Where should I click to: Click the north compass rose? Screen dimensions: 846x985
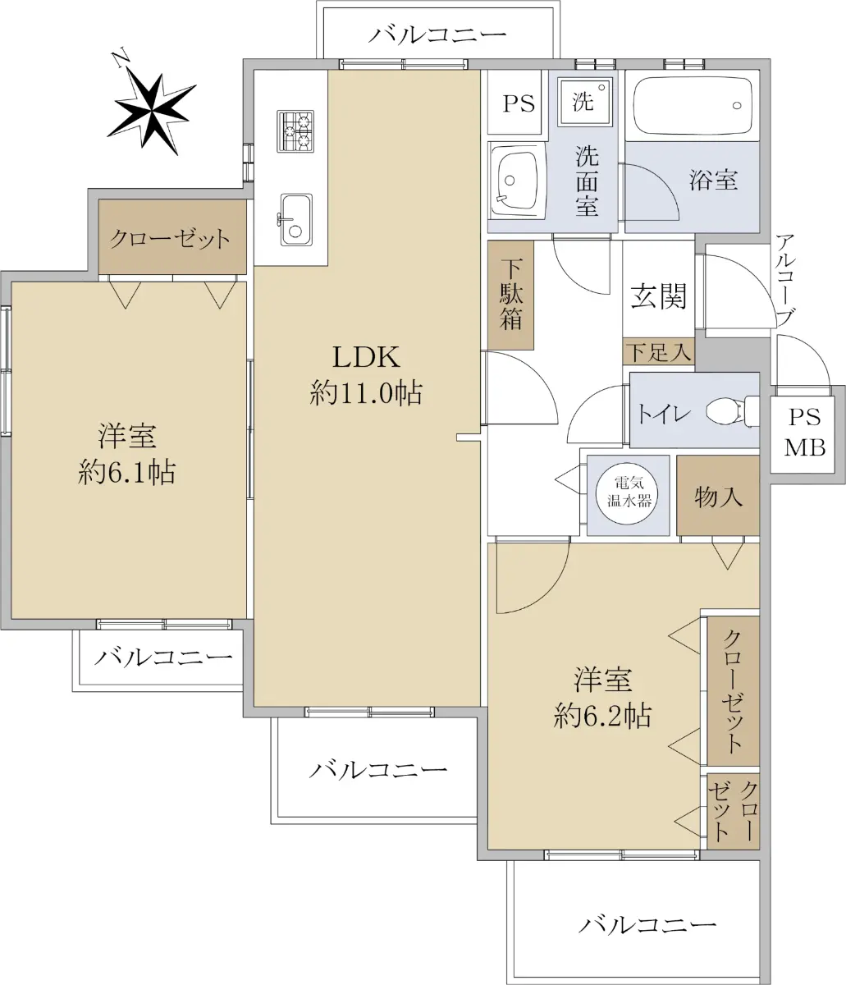[152, 111]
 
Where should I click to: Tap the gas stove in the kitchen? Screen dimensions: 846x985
[295, 131]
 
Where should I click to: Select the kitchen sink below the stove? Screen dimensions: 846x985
[296, 220]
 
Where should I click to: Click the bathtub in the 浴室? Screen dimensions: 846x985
[693, 106]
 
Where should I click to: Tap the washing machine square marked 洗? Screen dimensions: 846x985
[585, 102]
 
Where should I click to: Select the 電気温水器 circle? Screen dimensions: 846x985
[627, 493]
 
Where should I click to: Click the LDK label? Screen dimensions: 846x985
[366, 357]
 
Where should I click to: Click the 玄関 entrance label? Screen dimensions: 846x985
[659, 296]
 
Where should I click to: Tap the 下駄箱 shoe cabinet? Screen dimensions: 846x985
[510, 295]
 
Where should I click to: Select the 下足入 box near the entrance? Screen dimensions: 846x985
[658, 351]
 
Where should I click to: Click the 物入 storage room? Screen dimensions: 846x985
[718, 496]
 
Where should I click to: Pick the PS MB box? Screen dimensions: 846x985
[803, 433]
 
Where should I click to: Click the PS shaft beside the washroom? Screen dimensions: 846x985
[514, 103]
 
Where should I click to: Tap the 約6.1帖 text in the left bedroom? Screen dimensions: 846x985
[126, 472]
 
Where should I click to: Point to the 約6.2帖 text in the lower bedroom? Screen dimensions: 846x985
[602, 717]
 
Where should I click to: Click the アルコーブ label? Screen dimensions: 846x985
[785, 280]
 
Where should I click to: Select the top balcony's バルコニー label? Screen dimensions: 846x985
[437, 35]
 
